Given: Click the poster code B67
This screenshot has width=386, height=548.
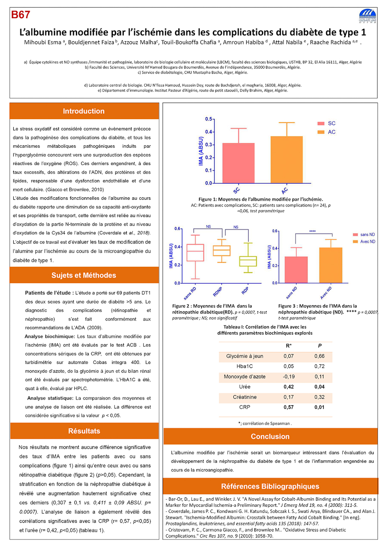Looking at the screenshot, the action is pyautogui.click(x=20, y=15).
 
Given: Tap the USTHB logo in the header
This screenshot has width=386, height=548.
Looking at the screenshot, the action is pyautogui.click(x=368, y=16).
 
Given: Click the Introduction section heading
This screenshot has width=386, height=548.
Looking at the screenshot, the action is pyautogui.click(x=84, y=111).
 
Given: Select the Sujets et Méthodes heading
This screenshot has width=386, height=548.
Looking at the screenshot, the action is pyautogui.click(x=84, y=275).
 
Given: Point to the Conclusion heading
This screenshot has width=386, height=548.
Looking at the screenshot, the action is pyautogui.click(x=270, y=436).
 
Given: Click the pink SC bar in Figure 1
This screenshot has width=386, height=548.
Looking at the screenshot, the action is pyautogui.click(x=238, y=163).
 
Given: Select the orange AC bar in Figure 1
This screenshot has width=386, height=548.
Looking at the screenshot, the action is pyautogui.click(x=286, y=160).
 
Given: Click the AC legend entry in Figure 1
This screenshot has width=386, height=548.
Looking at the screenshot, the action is pyautogui.click(x=327, y=132).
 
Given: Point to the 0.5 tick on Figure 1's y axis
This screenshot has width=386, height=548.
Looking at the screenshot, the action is pyautogui.click(x=209, y=119).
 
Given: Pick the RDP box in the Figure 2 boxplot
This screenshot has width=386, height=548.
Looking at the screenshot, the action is pyautogui.click(x=248, y=261).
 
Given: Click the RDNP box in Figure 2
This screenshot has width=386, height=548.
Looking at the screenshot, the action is pyautogui.click(x=222, y=251).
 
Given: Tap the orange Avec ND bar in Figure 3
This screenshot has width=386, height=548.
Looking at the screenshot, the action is pyautogui.click(x=331, y=265).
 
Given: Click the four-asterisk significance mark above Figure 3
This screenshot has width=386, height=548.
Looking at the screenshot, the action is pyautogui.click(x=312, y=231).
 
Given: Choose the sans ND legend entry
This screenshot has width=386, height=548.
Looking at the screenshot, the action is pyautogui.click(x=364, y=234).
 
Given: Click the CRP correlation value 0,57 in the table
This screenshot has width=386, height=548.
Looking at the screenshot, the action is pyautogui.click(x=288, y=407).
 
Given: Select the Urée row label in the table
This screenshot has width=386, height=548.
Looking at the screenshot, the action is pyautogui.click(x=245, y=387).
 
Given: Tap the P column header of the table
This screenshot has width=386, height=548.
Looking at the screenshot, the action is pyautogui.click(x=320, y=346).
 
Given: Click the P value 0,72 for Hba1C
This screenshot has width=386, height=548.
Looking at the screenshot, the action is pyautogui.click(x=319, y=366).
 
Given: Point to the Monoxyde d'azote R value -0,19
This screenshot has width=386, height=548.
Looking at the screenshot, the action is pyautogui.click(x=288, y=377).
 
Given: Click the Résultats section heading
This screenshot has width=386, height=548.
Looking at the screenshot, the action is pyautogui.click(x=84, y=431).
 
